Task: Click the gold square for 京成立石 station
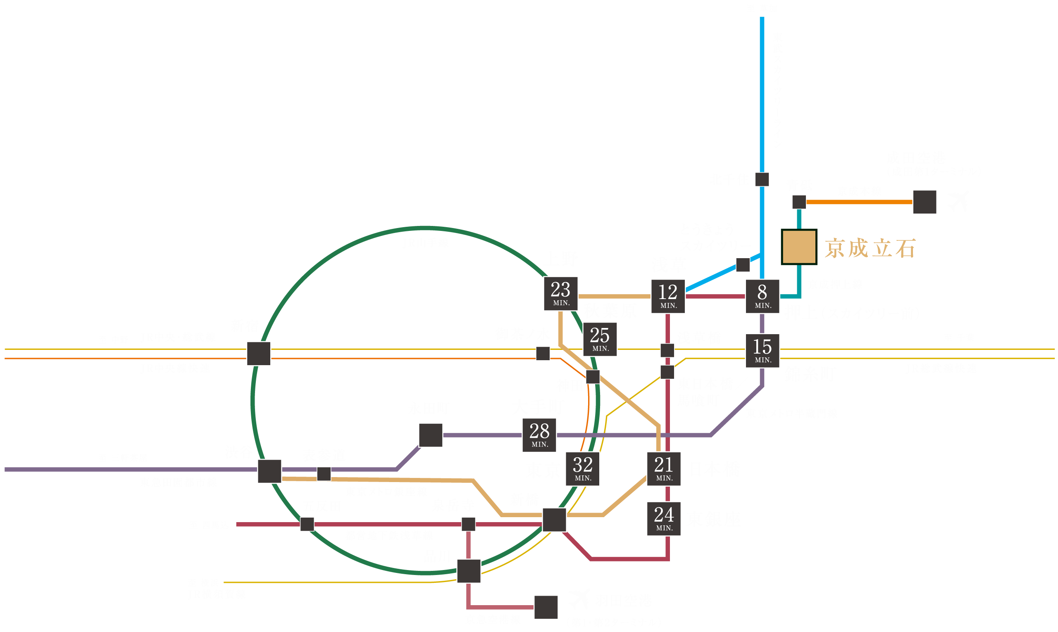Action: tap(798, 247)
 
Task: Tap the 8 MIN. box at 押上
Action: tap(762, 296)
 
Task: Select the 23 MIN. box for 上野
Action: tap(560, 293)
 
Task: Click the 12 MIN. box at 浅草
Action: tap(668, 296)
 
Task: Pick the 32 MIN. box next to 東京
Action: tap(582, 468)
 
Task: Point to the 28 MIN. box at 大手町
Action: tap(539, 435)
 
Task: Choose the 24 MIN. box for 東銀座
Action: tap(663, 518)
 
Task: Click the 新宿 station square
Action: tap(258, 353)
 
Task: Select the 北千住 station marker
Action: tap(761, 179)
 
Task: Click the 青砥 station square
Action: tap(798, 202)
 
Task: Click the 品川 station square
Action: tap(468, 571)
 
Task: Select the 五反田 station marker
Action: tap(307, 524)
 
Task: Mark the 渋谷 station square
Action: tap(269, 471)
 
